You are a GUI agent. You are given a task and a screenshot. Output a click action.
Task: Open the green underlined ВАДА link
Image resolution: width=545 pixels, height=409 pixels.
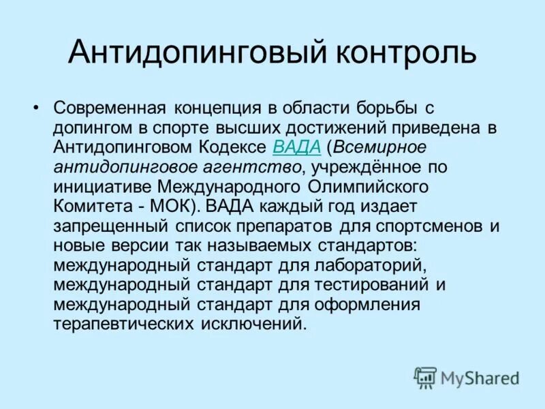[296, 147]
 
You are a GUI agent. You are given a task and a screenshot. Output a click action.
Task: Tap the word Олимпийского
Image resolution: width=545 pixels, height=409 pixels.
[368, 186]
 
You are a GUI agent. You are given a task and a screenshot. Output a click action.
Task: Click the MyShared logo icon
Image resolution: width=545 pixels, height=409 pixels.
[425, 377]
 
